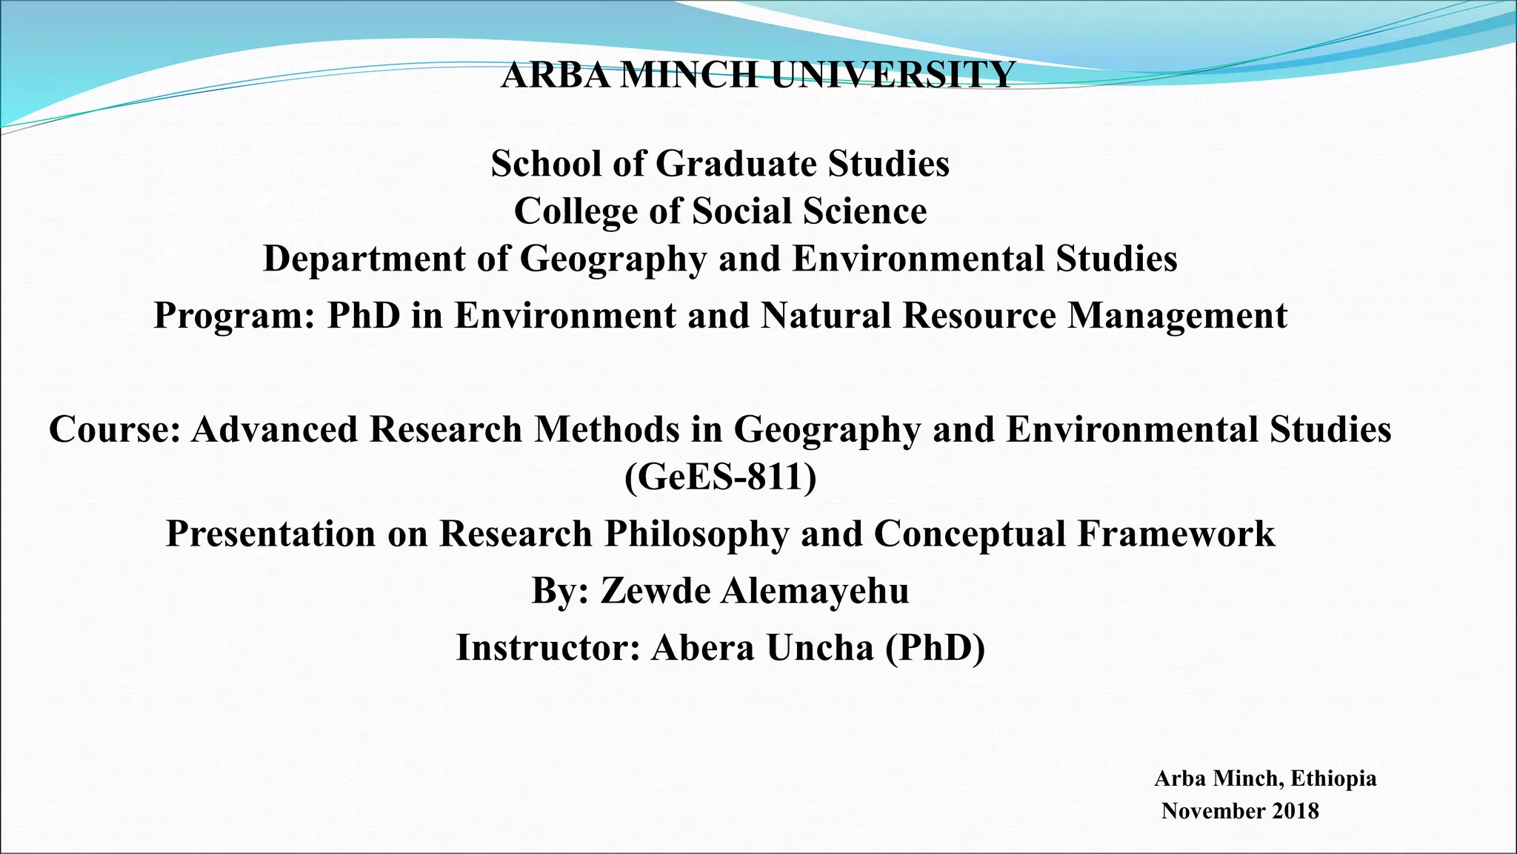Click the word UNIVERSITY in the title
tap(893, 75)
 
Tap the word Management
tap(1177, 315)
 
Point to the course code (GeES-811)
tap(720, 477)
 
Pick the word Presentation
tap(270, 534)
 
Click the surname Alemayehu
tap(815, 591)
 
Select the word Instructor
tap(547, 647)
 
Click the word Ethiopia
tap(1333, 778)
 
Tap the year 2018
tap(1296, 811)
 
